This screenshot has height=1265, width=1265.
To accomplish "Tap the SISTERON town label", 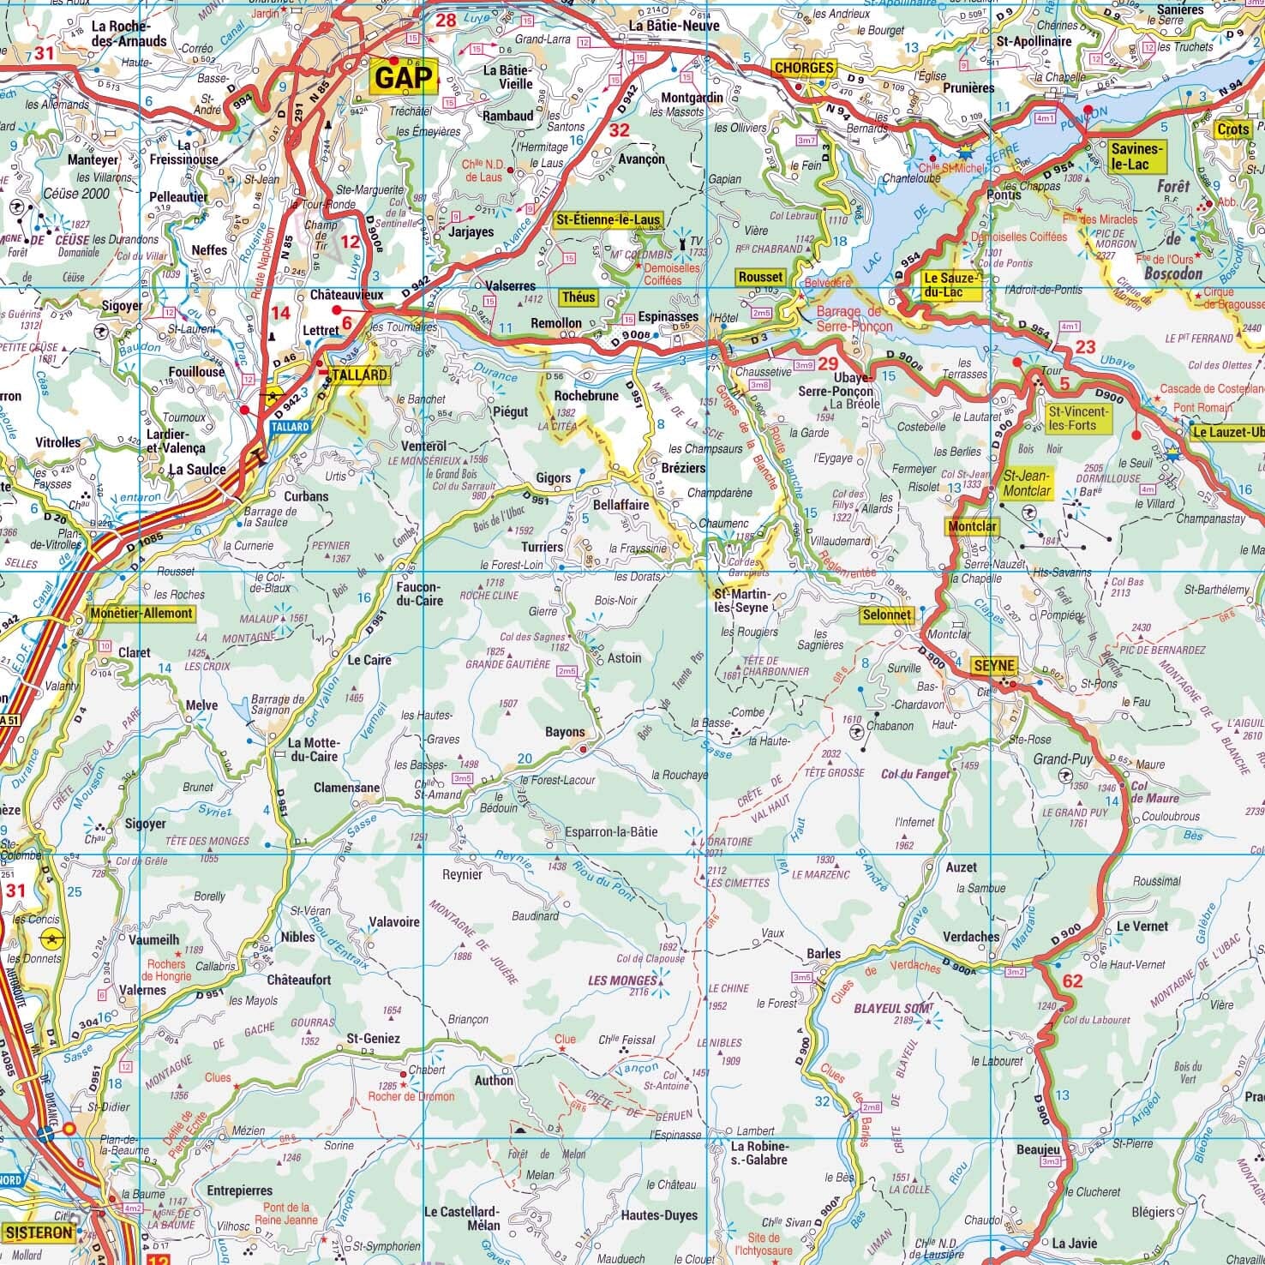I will point(39,1232).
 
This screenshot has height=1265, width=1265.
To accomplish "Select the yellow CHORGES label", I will point(803,68).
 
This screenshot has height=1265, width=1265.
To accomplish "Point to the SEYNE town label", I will point(994,666).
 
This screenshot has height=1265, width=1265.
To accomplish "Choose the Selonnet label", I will point(887,615).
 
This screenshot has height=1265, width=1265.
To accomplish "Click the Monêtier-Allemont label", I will point(141,614).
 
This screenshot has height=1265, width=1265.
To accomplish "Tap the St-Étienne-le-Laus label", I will point(609,220).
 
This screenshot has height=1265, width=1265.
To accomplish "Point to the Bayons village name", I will point(565,732).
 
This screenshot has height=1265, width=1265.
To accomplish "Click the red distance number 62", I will point(1071,980).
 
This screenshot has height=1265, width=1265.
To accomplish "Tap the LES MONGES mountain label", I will point(622,980).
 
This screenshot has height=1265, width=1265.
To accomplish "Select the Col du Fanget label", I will point(915,774).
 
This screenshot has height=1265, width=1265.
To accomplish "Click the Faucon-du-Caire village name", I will point(418,595).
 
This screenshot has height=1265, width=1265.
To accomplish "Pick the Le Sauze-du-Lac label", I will point(950,285).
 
